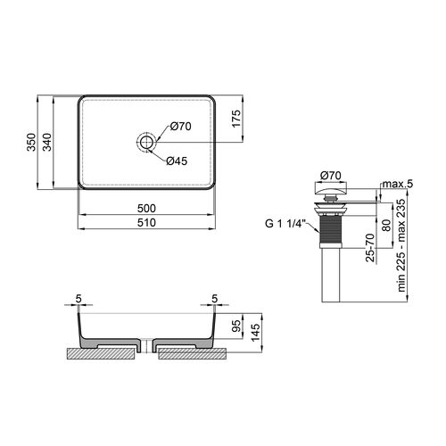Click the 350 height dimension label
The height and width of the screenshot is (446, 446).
31,142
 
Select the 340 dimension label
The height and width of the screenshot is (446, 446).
47,142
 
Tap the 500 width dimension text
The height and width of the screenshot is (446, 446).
146,209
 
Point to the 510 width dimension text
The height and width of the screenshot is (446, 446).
146,223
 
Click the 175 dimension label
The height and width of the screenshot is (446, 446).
236,119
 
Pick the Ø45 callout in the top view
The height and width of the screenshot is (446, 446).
177,161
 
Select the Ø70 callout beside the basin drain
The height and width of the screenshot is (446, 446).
180,127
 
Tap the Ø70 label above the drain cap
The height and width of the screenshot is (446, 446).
331,176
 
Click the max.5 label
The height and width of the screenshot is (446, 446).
398,184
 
